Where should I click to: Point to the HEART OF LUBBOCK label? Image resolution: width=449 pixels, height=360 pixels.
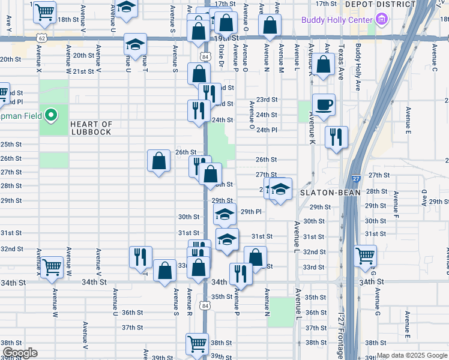[91, 128]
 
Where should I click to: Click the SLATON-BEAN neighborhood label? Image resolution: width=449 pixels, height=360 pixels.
[330, 192]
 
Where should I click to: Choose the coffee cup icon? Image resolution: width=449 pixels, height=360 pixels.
[324, 104]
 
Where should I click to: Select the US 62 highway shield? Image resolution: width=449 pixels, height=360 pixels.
[41, 37]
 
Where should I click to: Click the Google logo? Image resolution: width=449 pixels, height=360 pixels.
[20, 353]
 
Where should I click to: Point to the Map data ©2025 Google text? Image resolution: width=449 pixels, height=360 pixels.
[412, 356]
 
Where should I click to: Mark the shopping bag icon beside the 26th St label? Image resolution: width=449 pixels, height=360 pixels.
[158, 160]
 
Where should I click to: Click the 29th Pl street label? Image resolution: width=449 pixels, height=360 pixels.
[251, 212]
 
